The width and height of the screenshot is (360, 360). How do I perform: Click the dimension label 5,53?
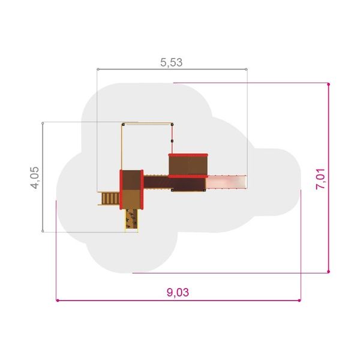pos(171,62)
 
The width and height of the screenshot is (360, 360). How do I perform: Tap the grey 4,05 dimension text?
pos(35,178)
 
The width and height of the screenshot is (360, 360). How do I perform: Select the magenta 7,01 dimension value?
pos(320,179)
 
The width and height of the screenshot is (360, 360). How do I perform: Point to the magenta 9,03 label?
pos(178,292)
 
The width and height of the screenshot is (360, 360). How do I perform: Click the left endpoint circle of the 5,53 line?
pos(98,69)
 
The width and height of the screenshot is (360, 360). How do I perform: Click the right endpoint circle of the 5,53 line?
pos(246,69)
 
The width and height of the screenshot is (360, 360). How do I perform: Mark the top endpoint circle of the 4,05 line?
pos(43,123)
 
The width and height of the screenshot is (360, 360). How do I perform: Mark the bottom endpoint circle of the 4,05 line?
pos(43,231)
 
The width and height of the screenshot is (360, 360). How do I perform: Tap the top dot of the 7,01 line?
pos(329,84)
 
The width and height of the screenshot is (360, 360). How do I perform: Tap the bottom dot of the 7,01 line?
pos(329,272)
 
